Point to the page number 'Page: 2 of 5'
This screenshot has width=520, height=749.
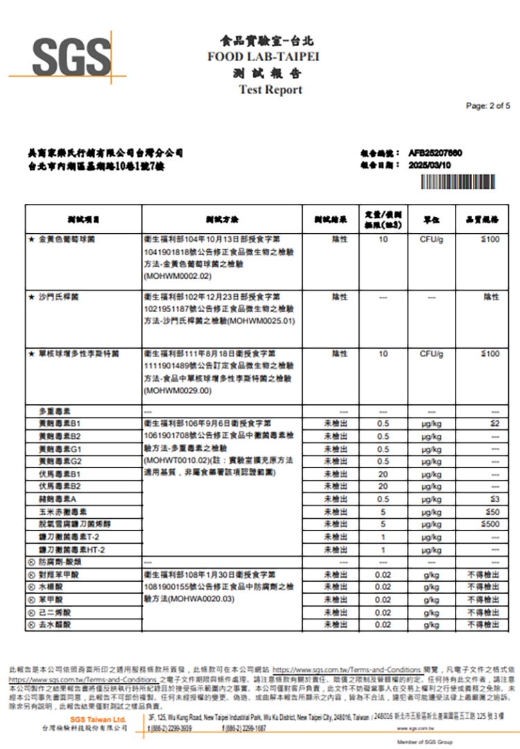tap(488, 106)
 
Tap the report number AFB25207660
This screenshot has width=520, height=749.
tap(435, 153)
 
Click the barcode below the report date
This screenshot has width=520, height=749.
tap(458, 182)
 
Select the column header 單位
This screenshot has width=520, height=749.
tap(431, 219)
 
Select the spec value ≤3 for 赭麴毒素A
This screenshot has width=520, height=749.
tap(494, 499)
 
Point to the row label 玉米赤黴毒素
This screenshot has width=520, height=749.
tap(62, 512)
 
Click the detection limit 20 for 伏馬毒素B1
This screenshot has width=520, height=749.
tap(383, 474)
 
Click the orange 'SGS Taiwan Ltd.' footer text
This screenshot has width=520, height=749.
tap(98, 720)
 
